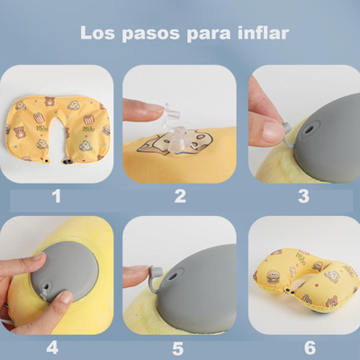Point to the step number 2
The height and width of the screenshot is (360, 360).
point(179,195)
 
